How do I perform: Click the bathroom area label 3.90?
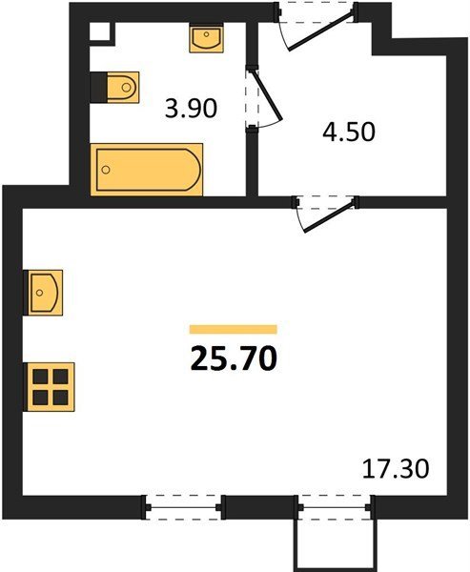pyautogui.click(x=191, y=109)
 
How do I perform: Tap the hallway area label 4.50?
pyautogui.click(x=349, y=132)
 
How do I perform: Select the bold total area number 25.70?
pyautogui.click(x=234, y=358)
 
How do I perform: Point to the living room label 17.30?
pyautogui.click(x=396, y=469)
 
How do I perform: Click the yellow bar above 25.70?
pyautogui.click(x=234, y=330)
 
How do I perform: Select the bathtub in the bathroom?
pyautogui.click(x=147, y=170)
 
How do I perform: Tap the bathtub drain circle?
pyautogui.click(x=106, y=170)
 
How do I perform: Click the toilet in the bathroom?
pyautogui.click(x=123, y=87)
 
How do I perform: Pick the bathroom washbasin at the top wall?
pyautogui.click(x=206, y=37)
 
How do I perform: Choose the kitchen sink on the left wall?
pyautogui.click(x=44, y=293)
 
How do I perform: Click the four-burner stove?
pyautogui.click(x=50, y=387)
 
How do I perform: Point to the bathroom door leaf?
pyautogui.click(x=268, y=95)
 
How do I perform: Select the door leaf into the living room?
pyautogui.click(x=329, y=216)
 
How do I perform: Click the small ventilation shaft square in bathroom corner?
pyautogui.click(x=99, y=31)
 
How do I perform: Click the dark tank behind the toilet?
pyautogui.click(x=98, y=87)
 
